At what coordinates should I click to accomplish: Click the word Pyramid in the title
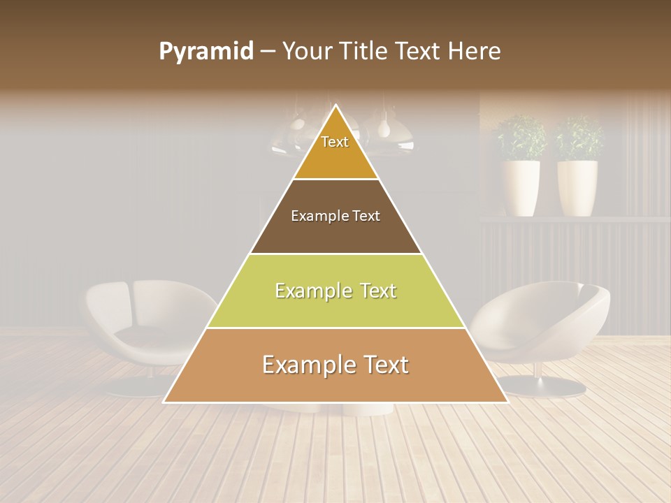[205, 52]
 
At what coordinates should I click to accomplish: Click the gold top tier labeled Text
[335, 150]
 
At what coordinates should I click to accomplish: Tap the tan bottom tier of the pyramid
[335, 377]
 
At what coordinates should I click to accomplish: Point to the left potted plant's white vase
[521, 187]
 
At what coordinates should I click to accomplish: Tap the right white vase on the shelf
[577, 187]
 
